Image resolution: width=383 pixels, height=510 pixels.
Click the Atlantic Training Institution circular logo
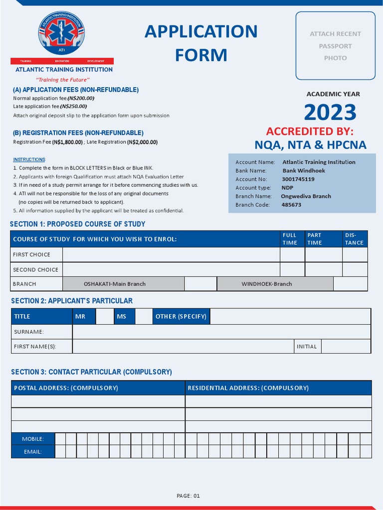pyautogui.click(x=62, y=33)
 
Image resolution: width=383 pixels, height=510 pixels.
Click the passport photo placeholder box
pyautogui.click(x=335, y=46)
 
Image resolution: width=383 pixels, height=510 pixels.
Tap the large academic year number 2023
pyautogui.click(x=330, y=113)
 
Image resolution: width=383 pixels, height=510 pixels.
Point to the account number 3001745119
pyautogui.click(x=298, y=179)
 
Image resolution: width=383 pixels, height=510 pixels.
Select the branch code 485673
pyautogui.click(x=291, y=205)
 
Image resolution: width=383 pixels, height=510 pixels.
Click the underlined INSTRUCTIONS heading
pyautogui.click(x=29, y=159)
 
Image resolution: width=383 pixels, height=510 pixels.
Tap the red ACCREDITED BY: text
pyautogui.click(x=310, y=131)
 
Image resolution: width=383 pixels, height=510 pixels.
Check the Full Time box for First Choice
pyautogui.click(x=292, y=255)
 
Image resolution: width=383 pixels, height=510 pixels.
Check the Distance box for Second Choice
pyautogui.click(x=355, y=269)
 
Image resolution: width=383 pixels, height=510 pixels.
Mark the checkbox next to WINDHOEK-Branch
pyautogui.click(x=350, y=284)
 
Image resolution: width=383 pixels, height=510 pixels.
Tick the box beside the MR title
pyautogui.click(x=105, y=316)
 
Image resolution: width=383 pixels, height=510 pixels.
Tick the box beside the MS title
pyautogui.click(x=144, y=316)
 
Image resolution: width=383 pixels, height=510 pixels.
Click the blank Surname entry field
pyautogui.click(x=221, y=332)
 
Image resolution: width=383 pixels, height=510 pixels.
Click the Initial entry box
pyautogui.click(x=346, y=346)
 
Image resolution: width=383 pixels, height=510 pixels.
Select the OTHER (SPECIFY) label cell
pyautogui.click(x=181, y=316)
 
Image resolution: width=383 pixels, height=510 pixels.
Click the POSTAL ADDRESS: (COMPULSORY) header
pyautogui.click(x=98, y=388)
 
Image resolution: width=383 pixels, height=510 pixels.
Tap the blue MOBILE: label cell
pyautogui.click(x=33, y=439)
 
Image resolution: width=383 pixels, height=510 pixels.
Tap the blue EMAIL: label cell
pyautogui.click(x=33, y=452)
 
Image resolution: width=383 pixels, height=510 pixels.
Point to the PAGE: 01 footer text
pyautogui.click(x=189, y=496)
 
